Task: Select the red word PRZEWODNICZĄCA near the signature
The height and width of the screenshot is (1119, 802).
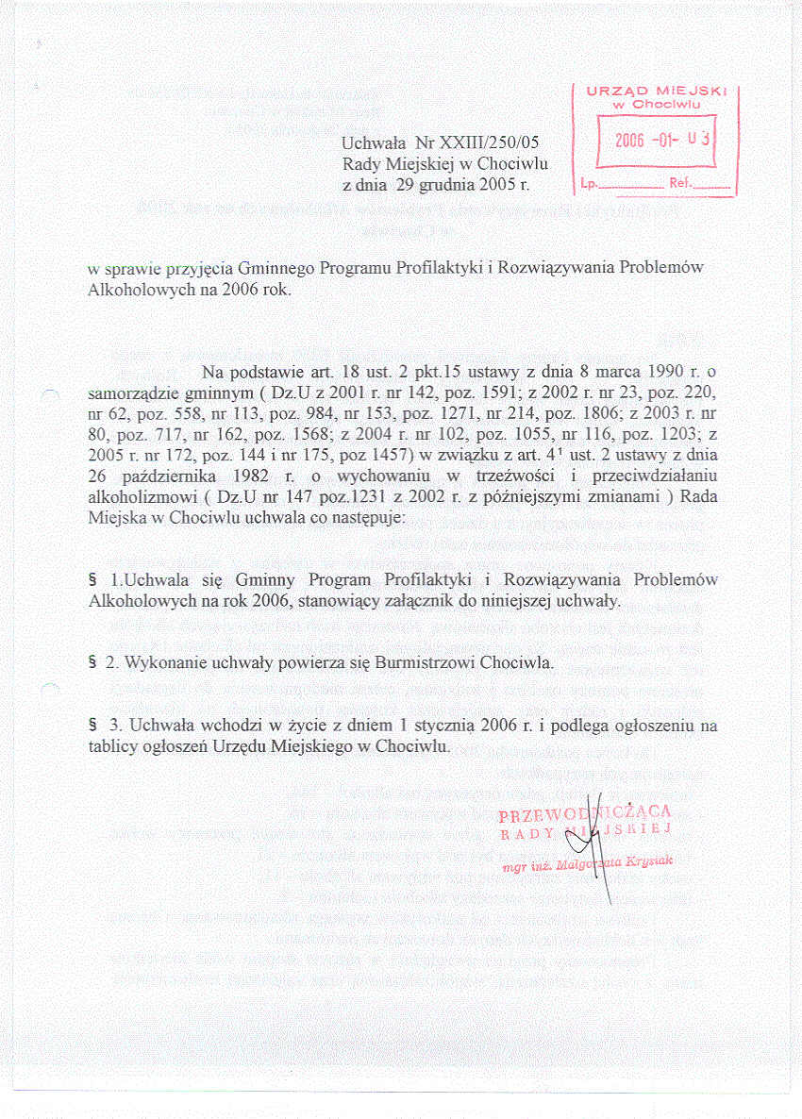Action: [584, 813]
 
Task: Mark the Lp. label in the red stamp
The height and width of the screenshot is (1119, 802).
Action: [588, 184]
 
